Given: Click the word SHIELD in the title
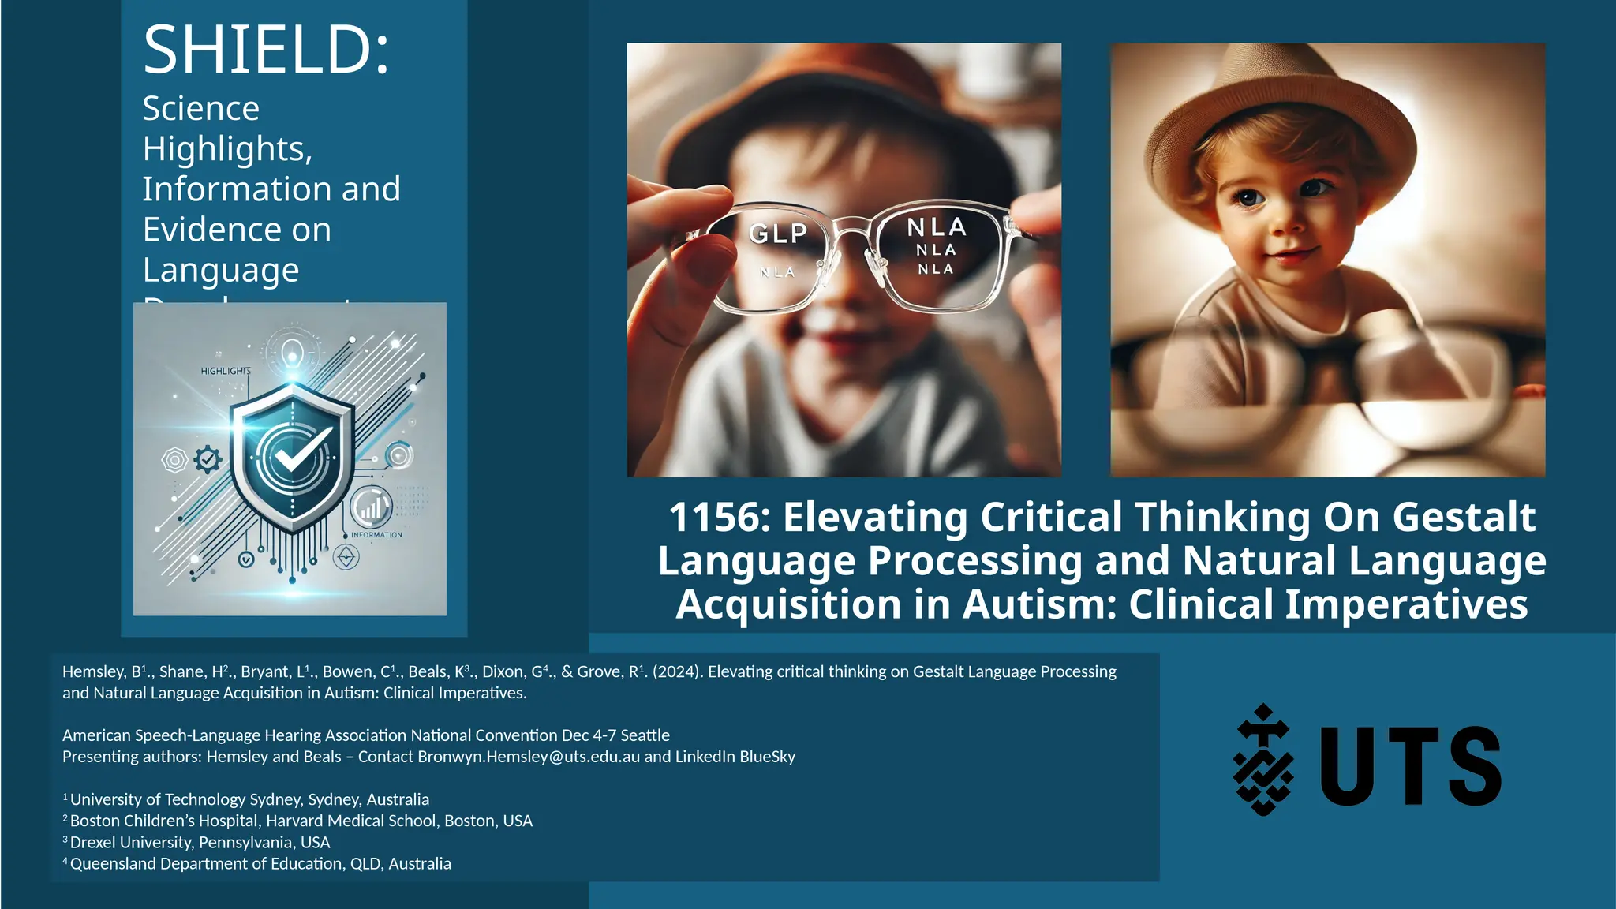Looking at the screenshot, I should click(x=260, y=50).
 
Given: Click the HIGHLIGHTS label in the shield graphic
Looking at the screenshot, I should click(x=226, y=371).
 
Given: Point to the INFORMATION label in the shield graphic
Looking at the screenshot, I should click(x=376, y=535).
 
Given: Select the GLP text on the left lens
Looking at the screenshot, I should click(x=778, y=234).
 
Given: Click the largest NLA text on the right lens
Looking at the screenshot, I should click(x=937, y=227).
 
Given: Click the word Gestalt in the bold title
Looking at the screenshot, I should click(x=1464, y=518).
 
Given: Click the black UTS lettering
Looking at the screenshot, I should click(x=1410, y=766).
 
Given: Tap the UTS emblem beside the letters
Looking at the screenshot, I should click(x=1263, y=759).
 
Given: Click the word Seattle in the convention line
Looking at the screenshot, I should click(x=645, y=735).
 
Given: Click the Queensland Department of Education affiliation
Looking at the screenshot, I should click(x=260, y=864).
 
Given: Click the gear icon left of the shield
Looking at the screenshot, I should click(x=208, y=459).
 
